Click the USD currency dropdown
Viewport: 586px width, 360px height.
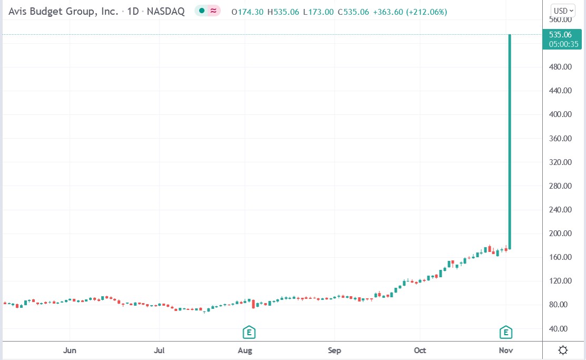tap(563, 11)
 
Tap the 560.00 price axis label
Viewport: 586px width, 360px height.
tap(560, 20)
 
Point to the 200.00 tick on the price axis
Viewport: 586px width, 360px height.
tap(560, 233)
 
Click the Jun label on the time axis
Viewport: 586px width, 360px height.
tap(70, 351)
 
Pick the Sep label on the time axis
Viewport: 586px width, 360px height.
tap(334, 351)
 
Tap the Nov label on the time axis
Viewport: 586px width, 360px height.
tap(506, 351)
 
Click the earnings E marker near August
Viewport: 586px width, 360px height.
tap(249, 332)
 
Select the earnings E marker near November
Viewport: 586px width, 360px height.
tap(506, 332)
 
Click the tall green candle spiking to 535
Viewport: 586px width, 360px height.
tap(510, 142)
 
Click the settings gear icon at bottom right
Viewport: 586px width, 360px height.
tap(563, 351)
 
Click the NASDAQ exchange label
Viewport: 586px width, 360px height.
tap(167, 11)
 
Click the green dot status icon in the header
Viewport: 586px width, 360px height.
tap(202, 11)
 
